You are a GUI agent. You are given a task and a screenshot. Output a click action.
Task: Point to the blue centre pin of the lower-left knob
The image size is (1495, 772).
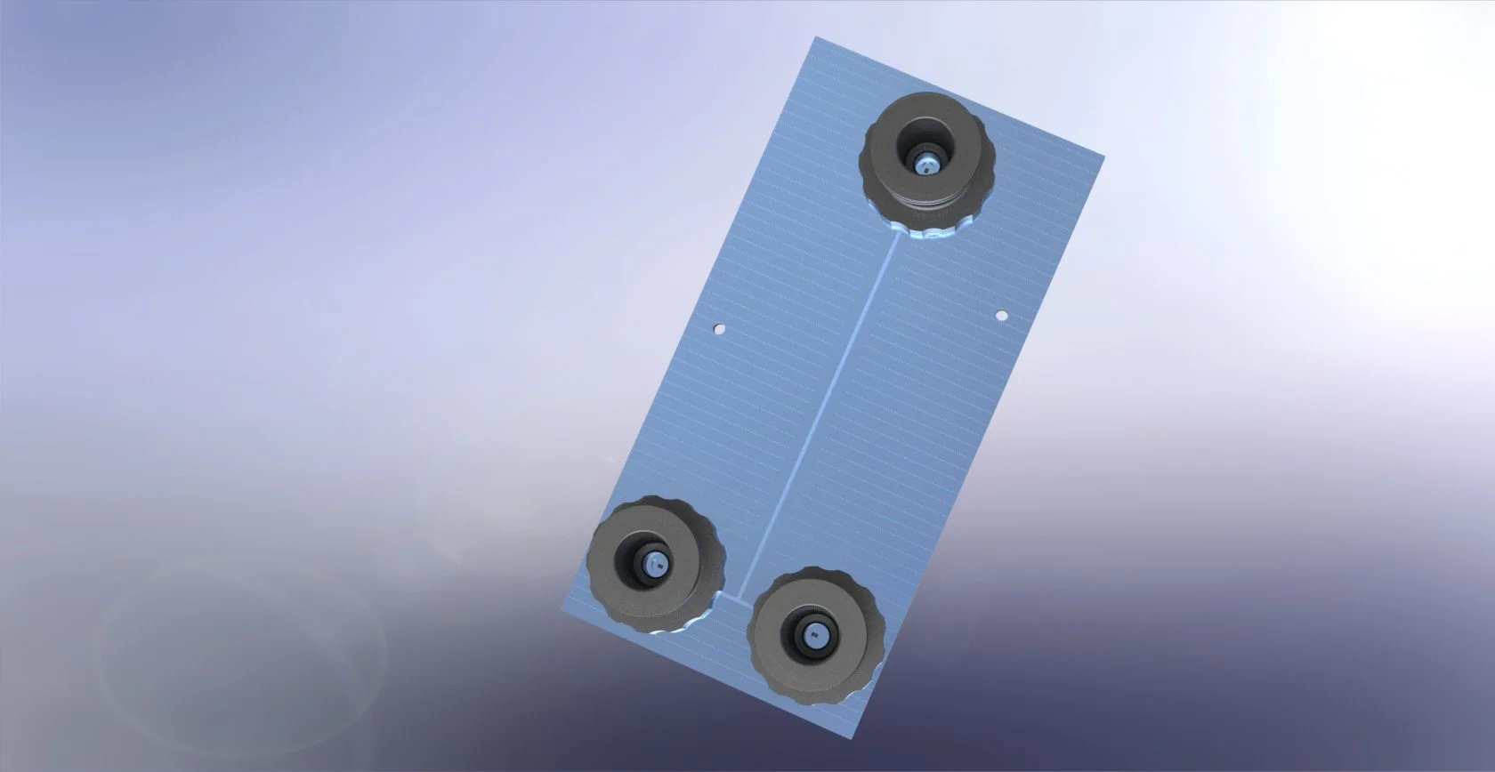point(652,564)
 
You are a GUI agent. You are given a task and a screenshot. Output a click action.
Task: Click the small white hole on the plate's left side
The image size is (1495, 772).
point(720,330)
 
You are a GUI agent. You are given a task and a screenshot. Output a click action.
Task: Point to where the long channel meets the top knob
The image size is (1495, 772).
point(897,233)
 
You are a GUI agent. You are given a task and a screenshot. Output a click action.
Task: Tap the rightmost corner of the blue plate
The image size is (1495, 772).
point(1103,155)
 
